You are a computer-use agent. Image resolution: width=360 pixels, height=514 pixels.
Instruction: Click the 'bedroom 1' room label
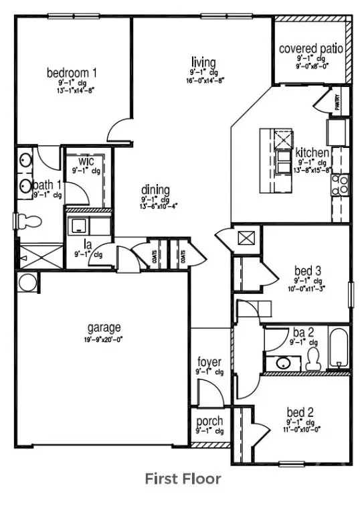click(x=72, y=72)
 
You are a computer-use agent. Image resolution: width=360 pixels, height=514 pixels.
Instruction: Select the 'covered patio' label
click(x=310, y=49)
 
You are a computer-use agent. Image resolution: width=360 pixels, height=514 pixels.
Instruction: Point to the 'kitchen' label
click(x=312, y=153)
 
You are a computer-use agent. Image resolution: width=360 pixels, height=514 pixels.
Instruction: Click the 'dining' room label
click(x=155, y=189)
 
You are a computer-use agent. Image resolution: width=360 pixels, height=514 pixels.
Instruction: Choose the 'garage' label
click(x=104, y=327)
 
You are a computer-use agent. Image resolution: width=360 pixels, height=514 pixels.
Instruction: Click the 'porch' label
click(x=209, y=422)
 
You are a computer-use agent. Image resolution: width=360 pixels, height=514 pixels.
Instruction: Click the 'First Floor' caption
click(x=183, y=479)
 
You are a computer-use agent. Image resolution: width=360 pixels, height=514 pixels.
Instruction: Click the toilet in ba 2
click(x=312, y=358)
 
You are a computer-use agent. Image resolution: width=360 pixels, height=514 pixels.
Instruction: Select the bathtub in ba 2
click(x=340, y=349)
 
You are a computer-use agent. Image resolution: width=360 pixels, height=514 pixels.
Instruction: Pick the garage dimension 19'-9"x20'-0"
click(x=104, y=339)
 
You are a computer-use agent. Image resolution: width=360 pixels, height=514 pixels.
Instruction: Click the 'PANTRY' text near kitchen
click(x=338, y=102)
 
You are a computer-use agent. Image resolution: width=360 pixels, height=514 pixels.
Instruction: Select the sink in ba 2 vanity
click(x=284, y=363)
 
